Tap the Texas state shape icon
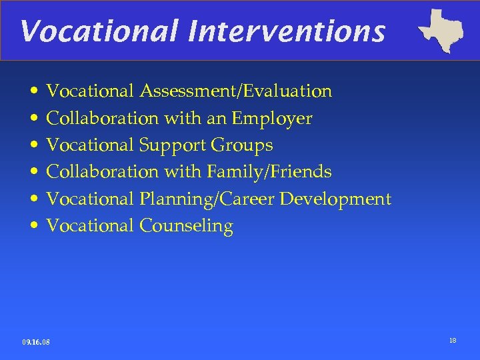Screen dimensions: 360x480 pyautogui.click(x=441, y=31)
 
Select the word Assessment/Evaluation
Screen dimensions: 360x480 pyautogui.click(x=235, y=91)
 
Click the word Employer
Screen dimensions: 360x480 pyautogui.click(x=271, y=118)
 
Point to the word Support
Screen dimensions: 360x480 pyautogui.click(x=173, y=145)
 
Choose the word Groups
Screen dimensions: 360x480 pyautogui.click(x=242, y=145)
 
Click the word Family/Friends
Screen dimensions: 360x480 pyautogui.click(x=269, y=172)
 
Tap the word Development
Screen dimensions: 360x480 pyautogui.click(x=335, y=199)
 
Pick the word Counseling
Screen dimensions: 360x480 pyautogui.click(x=186, y=226)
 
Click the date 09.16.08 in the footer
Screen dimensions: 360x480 pyautogui.click(x=36, y=342)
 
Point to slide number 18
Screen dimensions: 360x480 pyautogui.click(x=453, y=341)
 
